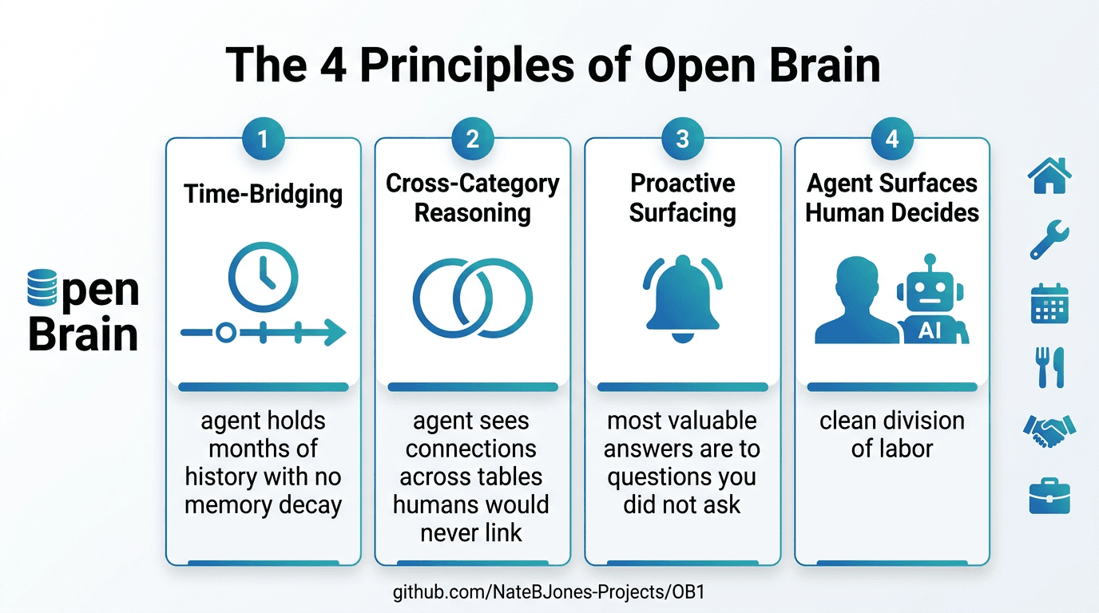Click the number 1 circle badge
263,139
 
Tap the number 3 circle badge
682,139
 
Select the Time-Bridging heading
263,194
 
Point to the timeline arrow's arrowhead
335,333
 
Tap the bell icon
682,297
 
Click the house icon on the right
1049,175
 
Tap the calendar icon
1049,303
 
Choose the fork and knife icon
1049,367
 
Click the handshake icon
1049,431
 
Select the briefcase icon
1049,496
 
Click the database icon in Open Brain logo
42,288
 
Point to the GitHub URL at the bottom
549,592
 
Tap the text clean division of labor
891,434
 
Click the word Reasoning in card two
472,213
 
